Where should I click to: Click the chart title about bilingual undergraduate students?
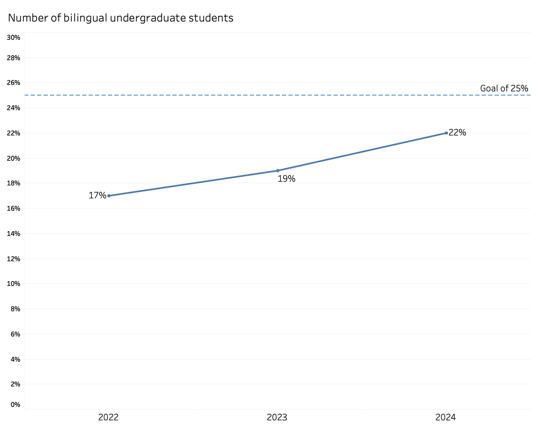(x=121, y=18)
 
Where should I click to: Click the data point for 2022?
(x=108, y=196)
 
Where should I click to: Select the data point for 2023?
(x=278, y=170)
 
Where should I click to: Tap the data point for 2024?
(x=446, y=133)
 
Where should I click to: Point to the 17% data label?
(x=97, y=196)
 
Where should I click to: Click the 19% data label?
(x=286, y=179)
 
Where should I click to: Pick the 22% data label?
(x=458, y=133)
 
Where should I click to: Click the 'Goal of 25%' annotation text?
(x=504, y=88)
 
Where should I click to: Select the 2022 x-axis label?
(x=108, y=418)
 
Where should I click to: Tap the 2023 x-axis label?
(x=278, y=418)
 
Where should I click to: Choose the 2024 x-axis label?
(x=446, y=418)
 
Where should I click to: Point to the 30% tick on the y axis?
(x=13, y=37)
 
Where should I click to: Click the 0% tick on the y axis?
(x=15, y=405)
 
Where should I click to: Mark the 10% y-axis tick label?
(x=13, y=284)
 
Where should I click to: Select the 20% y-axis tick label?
(x=13, y=158)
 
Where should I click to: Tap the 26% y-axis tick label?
(x=13, y=83)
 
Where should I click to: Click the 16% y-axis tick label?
(x=13, y=209)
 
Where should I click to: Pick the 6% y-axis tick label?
(x=15, y=334)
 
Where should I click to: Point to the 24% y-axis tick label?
(x=13, y=108)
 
